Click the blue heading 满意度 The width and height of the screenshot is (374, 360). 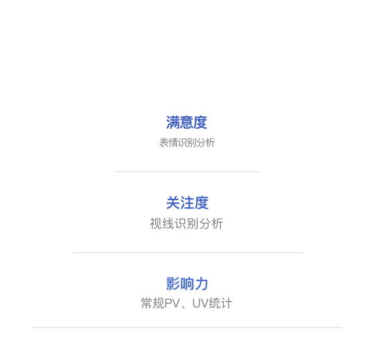tap(186, 123)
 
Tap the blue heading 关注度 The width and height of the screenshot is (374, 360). tap(187, 203)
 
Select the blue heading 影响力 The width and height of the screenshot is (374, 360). tap(187, 284)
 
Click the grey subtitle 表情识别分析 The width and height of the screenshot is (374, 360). tap(187, 143)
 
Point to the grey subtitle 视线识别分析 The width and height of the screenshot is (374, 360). tap(186, 224)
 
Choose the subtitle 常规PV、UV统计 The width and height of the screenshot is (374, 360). tap(186, 303)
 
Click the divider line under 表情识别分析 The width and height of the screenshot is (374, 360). tap(188, 172)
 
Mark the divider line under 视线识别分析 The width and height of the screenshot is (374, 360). tap(188, 252)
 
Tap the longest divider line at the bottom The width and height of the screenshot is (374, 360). tap(187, 327)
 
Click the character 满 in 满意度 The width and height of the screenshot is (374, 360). tap(173, 123)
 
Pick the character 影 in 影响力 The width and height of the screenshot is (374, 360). tap(173, 284)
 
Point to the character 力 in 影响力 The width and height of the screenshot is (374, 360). tap(202, 284)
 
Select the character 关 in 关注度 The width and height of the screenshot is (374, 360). tap(173, 203)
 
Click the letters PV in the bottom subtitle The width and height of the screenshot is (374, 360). tap(172, 303)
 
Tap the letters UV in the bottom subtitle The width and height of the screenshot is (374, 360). tap(200, 303)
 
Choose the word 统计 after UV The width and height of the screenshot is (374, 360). tap(220, 303)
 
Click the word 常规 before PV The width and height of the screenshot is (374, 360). tap(153, 303)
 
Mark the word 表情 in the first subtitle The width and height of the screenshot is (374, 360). tap(168, 143)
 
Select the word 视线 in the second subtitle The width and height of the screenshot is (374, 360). tap(162, 224)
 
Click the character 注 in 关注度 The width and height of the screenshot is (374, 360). tap(187, 203)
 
